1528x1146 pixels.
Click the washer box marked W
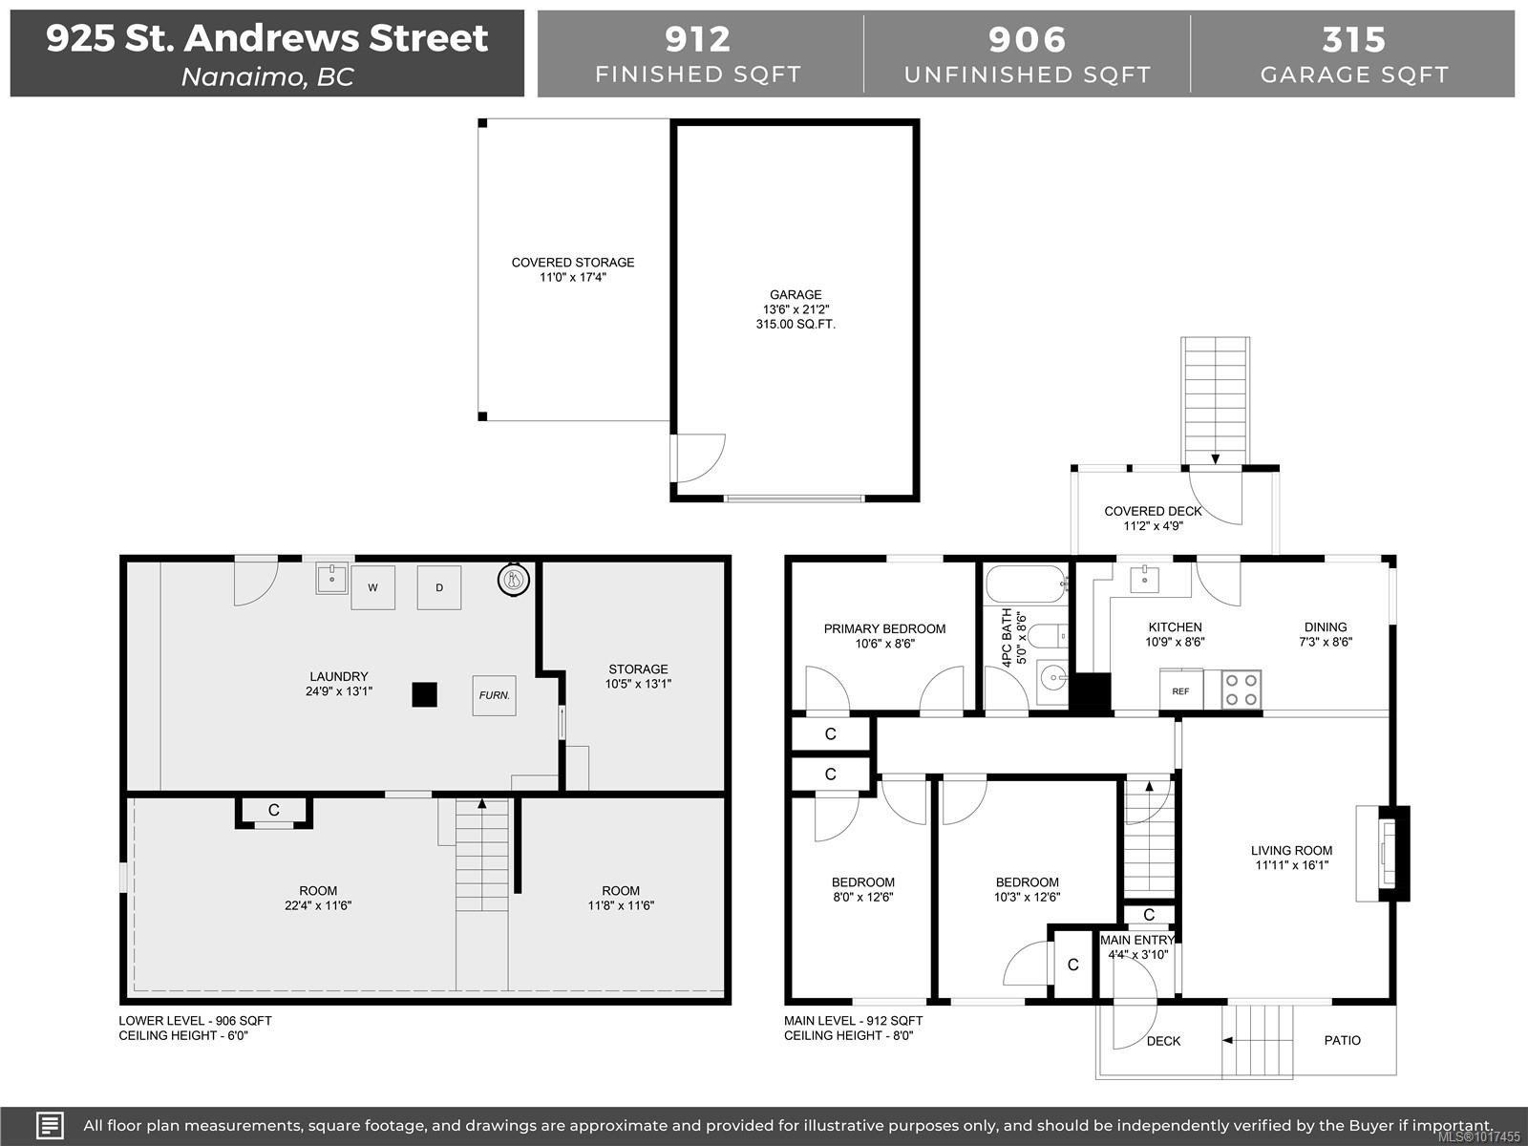pyautogui.click(x=372, y=587)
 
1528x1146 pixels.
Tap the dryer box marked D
pyautogui.click(x=439, y=587)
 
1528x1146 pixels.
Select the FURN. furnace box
pyautogui.click(x=494, y=695)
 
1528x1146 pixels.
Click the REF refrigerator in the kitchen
pyautogui.click(x=1181, y=690)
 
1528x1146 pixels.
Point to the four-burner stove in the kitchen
pyautogui.click(x=1241, y=690)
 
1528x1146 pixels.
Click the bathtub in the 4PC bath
pyautogui.click(x=1025, y=584)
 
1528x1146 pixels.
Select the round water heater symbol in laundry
pyautogui.click(x=514, y=579)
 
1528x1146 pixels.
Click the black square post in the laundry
pyautogui.click(x=424, y=694)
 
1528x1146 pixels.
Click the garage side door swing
pyautogui.click(x=697, y=458)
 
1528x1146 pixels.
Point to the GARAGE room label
pyautogui.click(x=796, y=295)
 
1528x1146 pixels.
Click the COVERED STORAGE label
pyautogui.click(x=572, y=263)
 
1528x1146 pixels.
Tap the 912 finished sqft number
pyautogui.click(x=698, y=39)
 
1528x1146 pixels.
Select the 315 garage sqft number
pyautogui.click(x=1353, y=39)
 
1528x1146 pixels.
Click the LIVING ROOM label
pyautogui.click(x=1291, y=850)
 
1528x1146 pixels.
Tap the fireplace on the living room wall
pyautogui.click(x=1384, y=853)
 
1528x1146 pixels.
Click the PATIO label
pyautogui.click(x=1342, y=1040)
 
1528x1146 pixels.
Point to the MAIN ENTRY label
pyautogui.click(x=1136, y=941)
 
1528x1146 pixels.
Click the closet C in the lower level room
pyautogui.click(x=274, y=811)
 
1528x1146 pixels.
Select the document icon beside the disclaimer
pyautogui.click(x=50, y=1125)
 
